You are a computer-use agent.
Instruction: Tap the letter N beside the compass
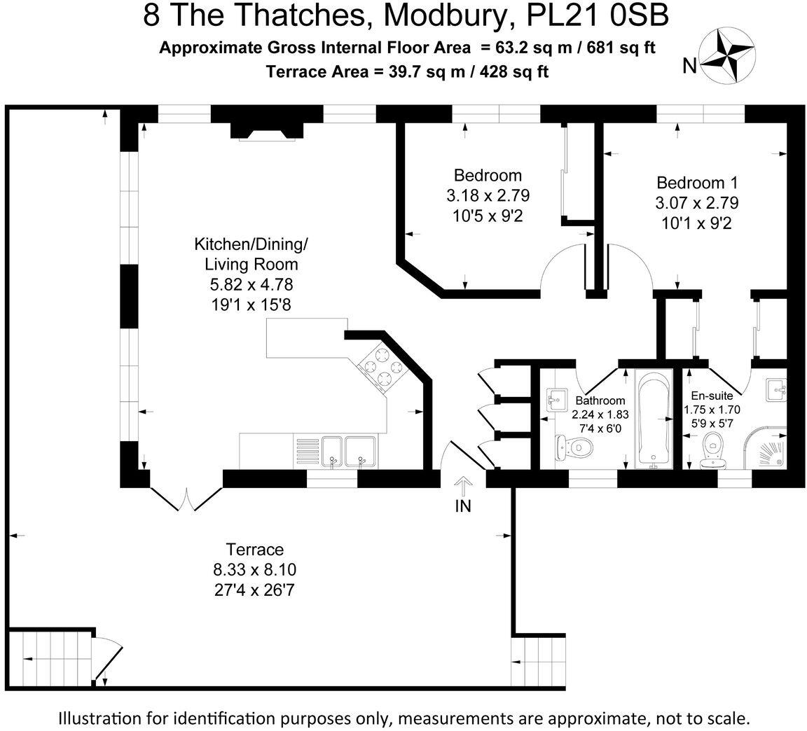coord(689,67)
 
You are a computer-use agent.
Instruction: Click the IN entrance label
coord(463,506)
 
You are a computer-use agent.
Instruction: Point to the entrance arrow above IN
coord(463,485)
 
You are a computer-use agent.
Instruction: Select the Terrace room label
coord(254,550)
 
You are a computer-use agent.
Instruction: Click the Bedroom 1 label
coord(697,183)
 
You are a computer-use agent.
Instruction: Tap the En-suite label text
coord(711,396)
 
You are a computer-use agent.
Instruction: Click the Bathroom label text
coord(600,401)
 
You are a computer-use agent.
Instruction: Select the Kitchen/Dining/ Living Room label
coord(251,255)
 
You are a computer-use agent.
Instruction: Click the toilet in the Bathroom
coord(573,447)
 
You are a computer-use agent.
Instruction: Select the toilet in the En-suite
coord(714,447)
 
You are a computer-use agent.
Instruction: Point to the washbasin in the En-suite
coord(775,389)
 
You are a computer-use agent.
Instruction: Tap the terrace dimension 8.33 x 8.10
coord(254,570)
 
